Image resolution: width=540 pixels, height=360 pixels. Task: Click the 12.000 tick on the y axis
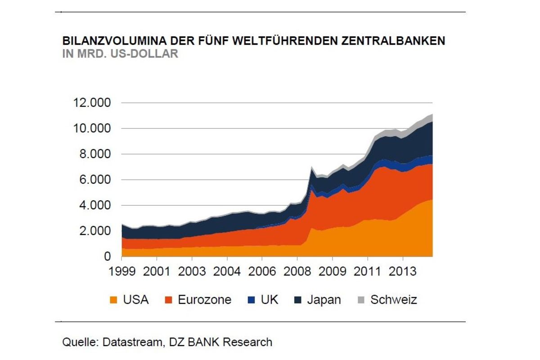[x=91, y=103]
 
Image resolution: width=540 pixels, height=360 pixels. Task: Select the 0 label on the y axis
[x=107, y=257]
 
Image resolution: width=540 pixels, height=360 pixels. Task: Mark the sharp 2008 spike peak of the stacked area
[x=311, y=167]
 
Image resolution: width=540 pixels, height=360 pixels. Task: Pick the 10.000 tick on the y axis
[x=91, y=129]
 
